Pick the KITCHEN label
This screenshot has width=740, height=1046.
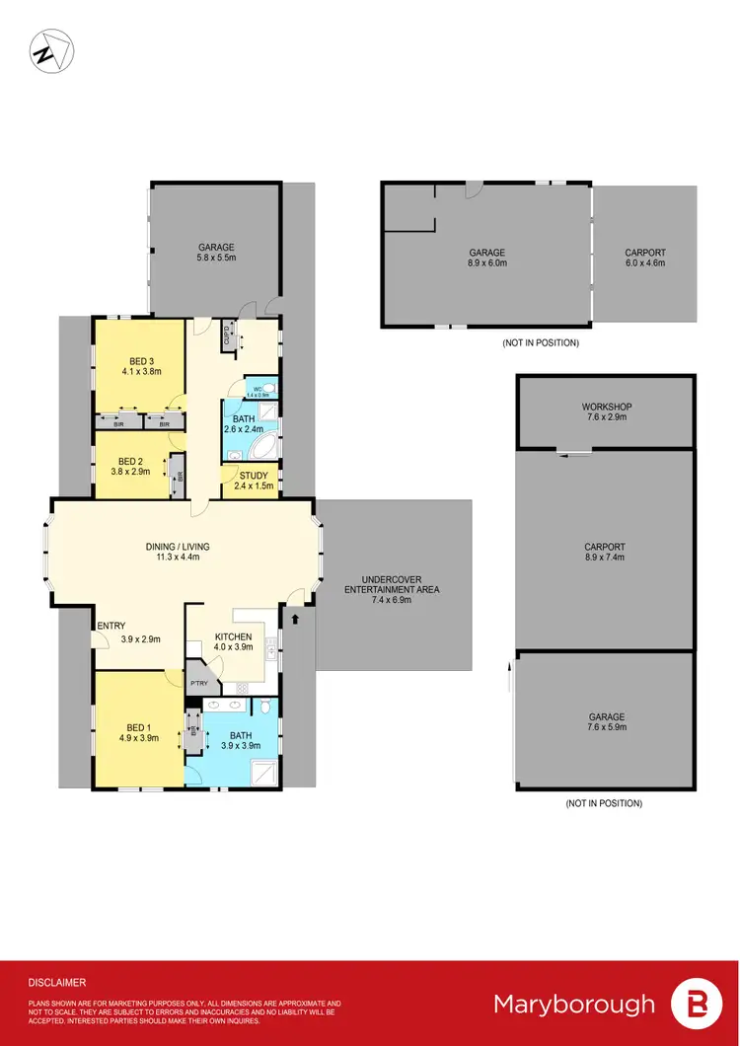[234, 636]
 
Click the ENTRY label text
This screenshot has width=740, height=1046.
[111, 626]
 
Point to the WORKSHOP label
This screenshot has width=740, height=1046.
[606, 407]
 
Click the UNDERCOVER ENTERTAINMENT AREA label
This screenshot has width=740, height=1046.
[392, 583]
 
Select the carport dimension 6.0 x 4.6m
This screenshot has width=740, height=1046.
[645, 263]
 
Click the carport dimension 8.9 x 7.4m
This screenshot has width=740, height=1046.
[606, 558]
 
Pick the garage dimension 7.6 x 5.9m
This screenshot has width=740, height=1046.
[606, 727]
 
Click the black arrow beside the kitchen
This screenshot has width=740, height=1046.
[294, 619]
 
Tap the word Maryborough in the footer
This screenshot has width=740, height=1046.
[573, 1005]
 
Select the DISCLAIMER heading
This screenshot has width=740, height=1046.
[56, 983]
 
